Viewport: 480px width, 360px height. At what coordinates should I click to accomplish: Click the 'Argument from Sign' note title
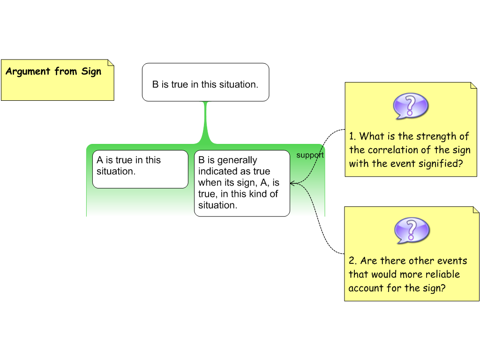pyautogui.click(x=53, y=72)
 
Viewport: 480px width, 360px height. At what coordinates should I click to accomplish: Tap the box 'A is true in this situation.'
pyautogui.click(x=140, y=169)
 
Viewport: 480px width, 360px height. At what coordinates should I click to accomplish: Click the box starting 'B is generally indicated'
pyautogui.click(x=242, y=183)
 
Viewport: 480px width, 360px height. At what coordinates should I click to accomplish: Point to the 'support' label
pyautogui.click(x=310, y=155)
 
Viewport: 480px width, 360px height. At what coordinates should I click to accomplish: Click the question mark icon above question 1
pyautogui.click(x=411, y=106)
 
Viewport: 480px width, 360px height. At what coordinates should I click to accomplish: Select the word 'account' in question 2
pyautogui.click(x=366, y=288)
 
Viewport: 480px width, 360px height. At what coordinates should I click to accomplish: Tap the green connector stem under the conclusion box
pyautogui.click(x=205, y=122)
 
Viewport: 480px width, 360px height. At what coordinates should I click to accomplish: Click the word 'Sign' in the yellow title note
pyautogui.click(x=90, y=72)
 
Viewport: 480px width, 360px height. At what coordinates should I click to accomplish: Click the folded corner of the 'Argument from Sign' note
pyautogui.click(x=111, y=62)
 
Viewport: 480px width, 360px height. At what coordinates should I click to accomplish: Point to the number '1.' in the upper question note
pyautogui.click(x=352, y=136)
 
